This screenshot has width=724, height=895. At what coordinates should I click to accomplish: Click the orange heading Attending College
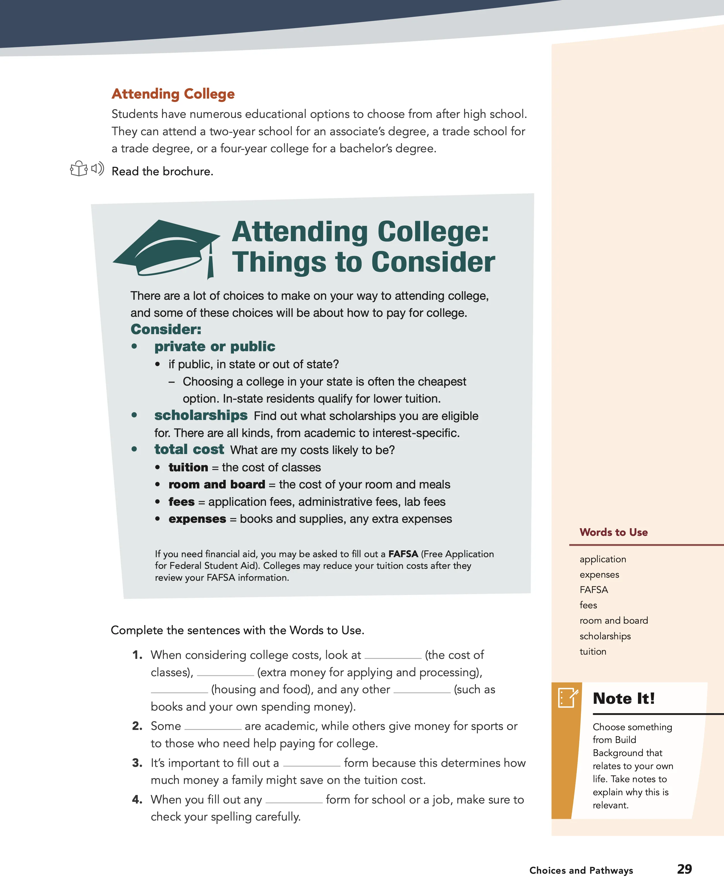(x=173, y=94)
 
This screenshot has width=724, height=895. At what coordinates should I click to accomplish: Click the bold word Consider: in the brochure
(x=166, y=329)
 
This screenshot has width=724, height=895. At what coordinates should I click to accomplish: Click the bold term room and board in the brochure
(x=216, y=484)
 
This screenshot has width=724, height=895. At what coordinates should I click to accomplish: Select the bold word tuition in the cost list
(x=188, y=467)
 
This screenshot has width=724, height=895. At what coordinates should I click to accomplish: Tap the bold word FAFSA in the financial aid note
(x=403, y=554)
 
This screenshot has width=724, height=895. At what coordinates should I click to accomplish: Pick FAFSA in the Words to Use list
(x=593, y=590)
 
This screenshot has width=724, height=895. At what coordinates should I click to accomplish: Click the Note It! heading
(x=623, y=698)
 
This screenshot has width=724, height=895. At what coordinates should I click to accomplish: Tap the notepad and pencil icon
(x=568, y=698)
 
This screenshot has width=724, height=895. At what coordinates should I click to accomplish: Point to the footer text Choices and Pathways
(x=581, y=870)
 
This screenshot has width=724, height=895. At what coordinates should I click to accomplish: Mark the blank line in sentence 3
(x=311, y=765)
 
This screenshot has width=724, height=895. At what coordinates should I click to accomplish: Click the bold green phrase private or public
(x=214, y=346)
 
